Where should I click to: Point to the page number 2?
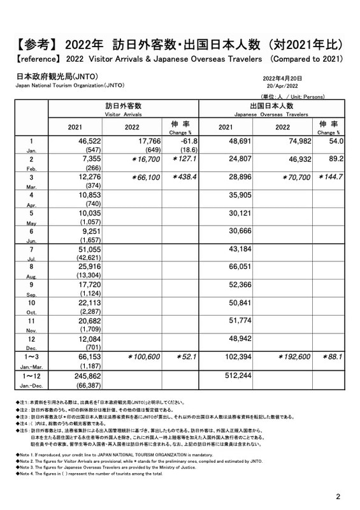point(338,496)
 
